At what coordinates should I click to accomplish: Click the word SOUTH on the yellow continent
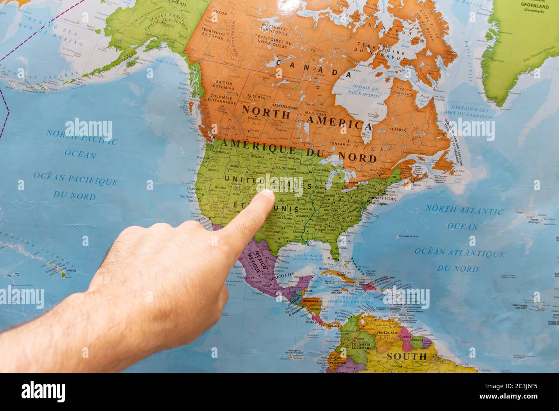tap(406, 356)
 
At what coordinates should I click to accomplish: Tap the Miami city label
tap(333, 258)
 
